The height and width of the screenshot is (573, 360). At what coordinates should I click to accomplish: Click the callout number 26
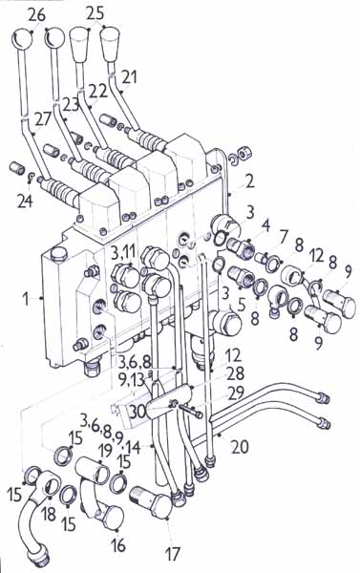click(x=37, y=15)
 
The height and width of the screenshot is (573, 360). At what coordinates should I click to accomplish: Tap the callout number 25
click(x=95, y=13)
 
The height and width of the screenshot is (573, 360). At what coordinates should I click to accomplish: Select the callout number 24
click(x=25, y=201)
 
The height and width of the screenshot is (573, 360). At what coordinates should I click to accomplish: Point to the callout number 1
click(x=25, y=299)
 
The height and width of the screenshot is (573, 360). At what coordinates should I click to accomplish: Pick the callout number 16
click(x=118, y=545)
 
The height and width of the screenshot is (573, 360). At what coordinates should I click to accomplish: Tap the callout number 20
click(x=240, y=446)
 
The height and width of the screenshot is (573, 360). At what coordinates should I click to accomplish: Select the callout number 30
click(x=138, y=412)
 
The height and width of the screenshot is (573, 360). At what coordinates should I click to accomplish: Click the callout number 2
click(x=249, y=181)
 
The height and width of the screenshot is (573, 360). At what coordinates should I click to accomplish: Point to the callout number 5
click(x=241, y=306)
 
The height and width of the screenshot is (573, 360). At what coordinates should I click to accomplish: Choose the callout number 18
click(x=49, y=514)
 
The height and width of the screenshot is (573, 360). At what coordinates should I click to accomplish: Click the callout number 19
click(x=105, y=451)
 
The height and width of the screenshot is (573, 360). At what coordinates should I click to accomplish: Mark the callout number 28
click(x=235, y=373)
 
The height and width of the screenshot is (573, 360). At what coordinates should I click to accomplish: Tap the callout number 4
click(x=265, y=226)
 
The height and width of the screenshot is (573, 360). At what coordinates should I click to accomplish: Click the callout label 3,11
click(x=125, y=252)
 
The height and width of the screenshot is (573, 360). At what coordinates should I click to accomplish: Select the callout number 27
click(x=44, y=119)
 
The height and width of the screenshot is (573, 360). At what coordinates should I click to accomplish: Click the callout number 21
click(x=129, y=77)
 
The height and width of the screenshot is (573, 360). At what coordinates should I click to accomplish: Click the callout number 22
click(x=98, y=91)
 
